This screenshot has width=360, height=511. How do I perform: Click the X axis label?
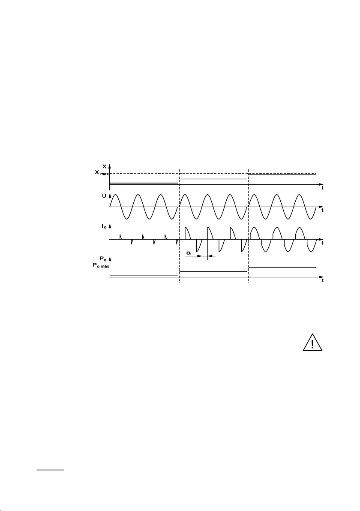pyautogui.click(x=104, y=166)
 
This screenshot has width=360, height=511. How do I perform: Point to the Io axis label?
pyautogui.click(x=104, y=226)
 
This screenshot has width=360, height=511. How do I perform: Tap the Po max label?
pyautogui.click(x=100, y=266)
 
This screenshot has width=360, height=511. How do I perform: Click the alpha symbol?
pyautogui.click(x=188, y=253)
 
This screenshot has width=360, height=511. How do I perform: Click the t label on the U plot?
pyautogui.click(x=322, y=210)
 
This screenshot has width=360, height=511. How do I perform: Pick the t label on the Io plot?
pyautogui.click(x=322, y=243)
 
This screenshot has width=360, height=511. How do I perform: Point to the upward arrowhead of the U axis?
pyautogui.click(x=110, y=195)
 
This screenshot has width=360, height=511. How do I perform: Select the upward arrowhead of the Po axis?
pyautogui.click(x=110, y=259)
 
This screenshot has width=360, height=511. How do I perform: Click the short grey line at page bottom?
pyautogui.click(x=50, y=470)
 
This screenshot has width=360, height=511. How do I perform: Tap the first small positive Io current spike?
pyautogui.click(x=120, y=236)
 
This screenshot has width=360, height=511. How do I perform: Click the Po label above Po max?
pyautogui.click(x=103, y=259)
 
